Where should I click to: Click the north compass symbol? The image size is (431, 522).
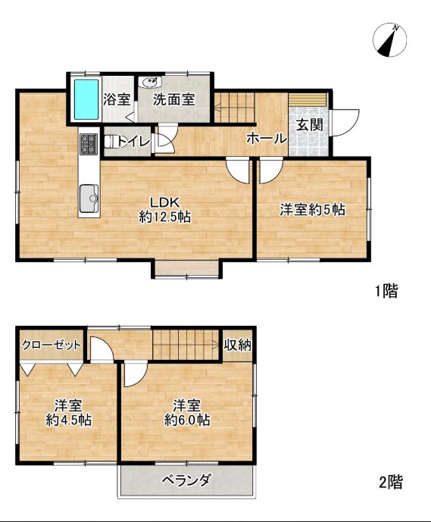pyautogui.click(x=390, y=40)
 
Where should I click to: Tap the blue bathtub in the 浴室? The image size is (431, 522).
pyautogui.click(x=86, y=99)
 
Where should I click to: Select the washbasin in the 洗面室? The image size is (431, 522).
pyautogui.click(x=150, y=83)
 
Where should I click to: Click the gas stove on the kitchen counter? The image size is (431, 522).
pyautogui.click(x=89, y=144)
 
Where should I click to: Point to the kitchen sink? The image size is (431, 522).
pyautogui.click(x=89, y=198)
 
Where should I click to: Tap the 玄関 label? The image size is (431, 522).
pyautogui.click(x=310, y=125)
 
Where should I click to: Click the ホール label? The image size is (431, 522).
pyautogui.click(x=267, y=139)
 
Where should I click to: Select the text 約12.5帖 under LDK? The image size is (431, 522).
pyautogui.click(x=165, y=217)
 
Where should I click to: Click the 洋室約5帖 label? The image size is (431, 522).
pyautogui.click(x=313, y=210)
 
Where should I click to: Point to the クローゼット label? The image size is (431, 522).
pyautogui.click(x=52, y=345)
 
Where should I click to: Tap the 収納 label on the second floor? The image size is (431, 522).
pyautogui.click(x=238, y=345)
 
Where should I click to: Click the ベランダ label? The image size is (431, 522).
pyautogui.click(x=186, y=480)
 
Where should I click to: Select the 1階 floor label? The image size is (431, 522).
pyautogui.click(x=386, y=291)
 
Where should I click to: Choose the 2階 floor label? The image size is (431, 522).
pyautogui.click(x=391, y=482)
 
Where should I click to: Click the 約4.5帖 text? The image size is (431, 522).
pyautogui.click(x=69, y=420)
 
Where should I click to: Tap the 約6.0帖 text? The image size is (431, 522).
pyautogui.click(x=187, y=420)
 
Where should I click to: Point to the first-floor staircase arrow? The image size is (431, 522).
pyautogui.click(x=233, y=107)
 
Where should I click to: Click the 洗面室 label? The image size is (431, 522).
pyautogui.click(x=174, y=99)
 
